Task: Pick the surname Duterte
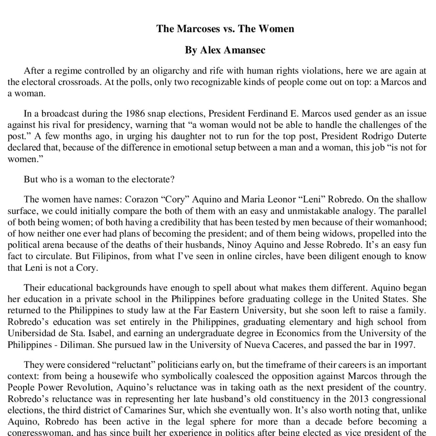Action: pos(411,136)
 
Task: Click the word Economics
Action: pos(296,333)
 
